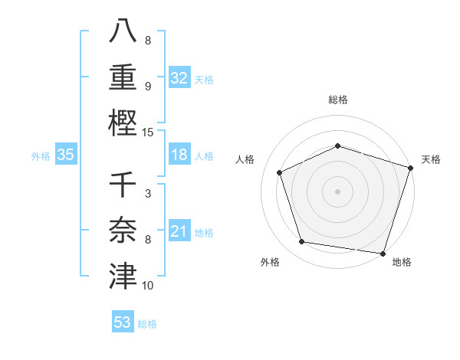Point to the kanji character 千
[x=123, y=186]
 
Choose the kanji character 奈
[x=123, y=230]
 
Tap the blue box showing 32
[x=179, y=77]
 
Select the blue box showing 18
[x=179, y=155]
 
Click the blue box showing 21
[x=179, y=231]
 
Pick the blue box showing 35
[x=66, y=155]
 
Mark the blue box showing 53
[x=123, y=322]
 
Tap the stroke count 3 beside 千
[x=148, y=194]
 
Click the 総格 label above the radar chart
[x=338, y=100]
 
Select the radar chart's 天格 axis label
[x=432, y=159]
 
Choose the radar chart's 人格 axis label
[x=245, y=159]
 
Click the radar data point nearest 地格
[x=383, y=253]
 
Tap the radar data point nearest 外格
[x=302, y=242]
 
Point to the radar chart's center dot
[x=338, y=191]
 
